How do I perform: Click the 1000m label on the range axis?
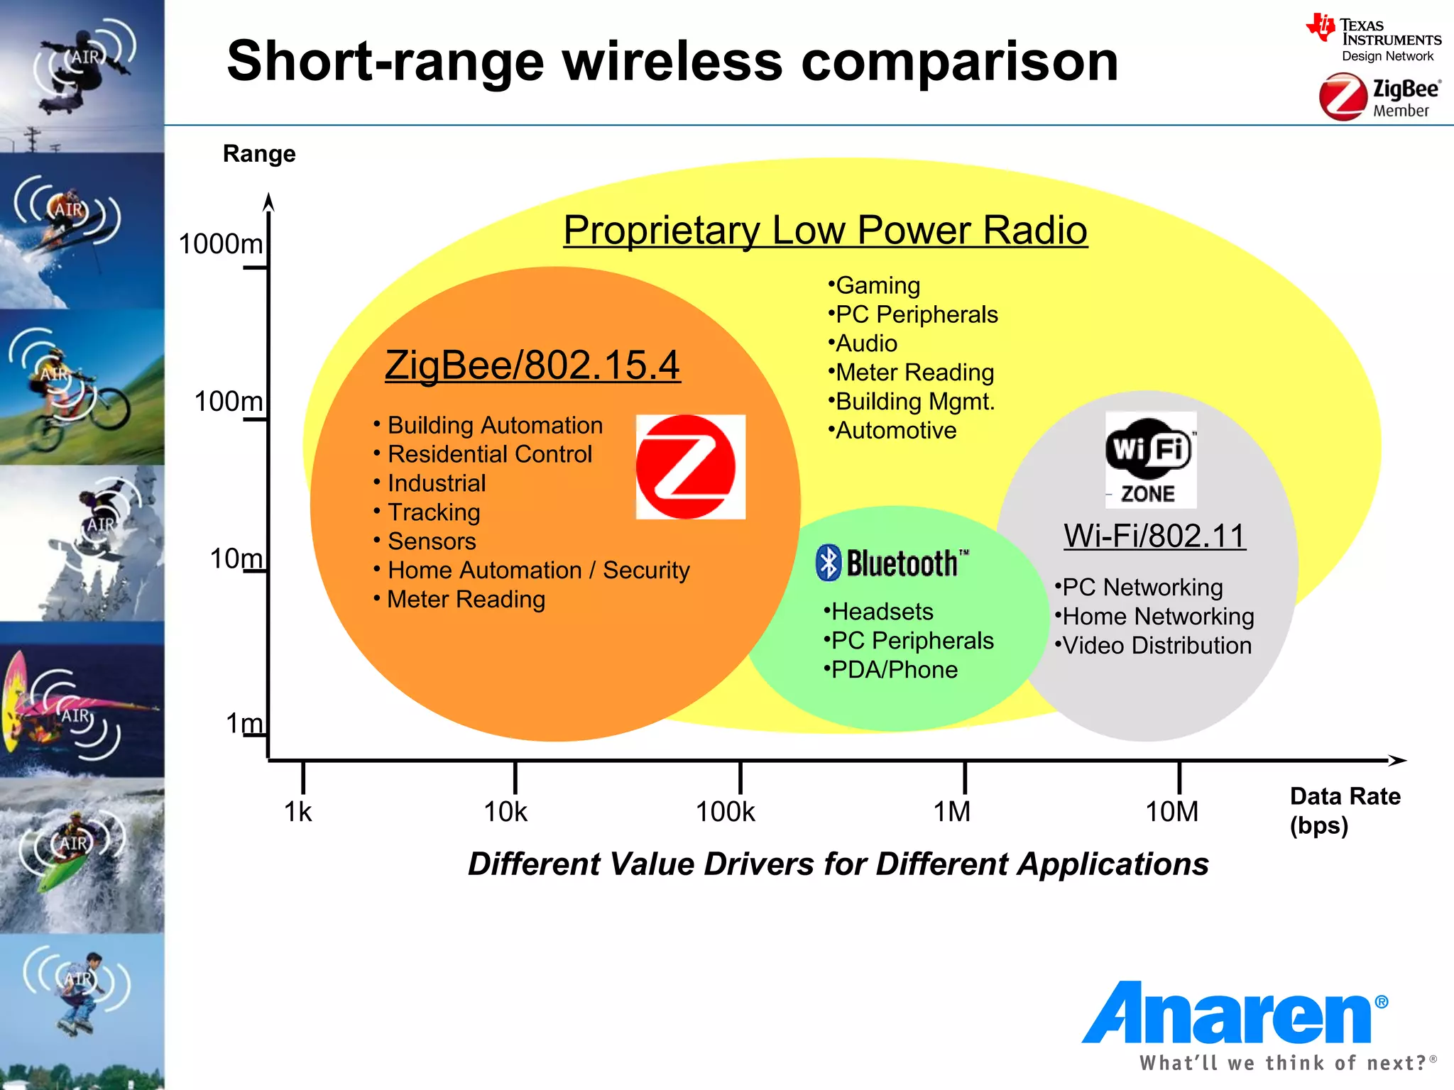[x=221, y=244]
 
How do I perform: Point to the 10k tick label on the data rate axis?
[x=505, y=812]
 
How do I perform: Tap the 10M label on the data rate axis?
[x=1172, y=812]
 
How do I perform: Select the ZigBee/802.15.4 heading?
[x=532, y=365]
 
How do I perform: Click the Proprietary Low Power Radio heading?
[x=825, y=231]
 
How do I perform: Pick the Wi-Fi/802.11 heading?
[x=1154, y=536]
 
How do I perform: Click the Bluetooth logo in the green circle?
[x=892, y=563]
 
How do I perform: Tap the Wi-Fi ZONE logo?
[x=1150, y=460]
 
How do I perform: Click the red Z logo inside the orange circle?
[x=689, y=467]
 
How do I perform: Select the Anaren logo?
[x=1234, y=1015]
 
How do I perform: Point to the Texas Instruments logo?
[x=1373, y=39]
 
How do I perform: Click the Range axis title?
[x=259, y=154]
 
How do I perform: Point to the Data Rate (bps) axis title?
[x=1344, y=810]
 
